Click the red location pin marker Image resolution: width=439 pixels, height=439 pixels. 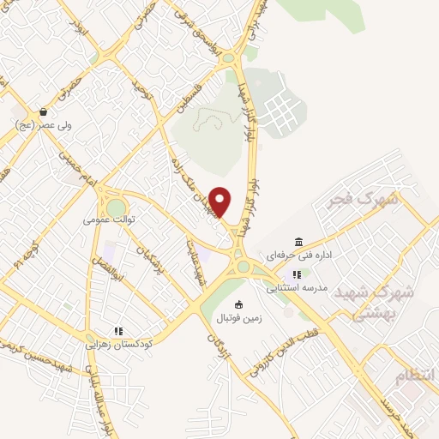tap(221, 201)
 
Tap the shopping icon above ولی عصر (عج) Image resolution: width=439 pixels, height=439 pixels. tap(43, 112)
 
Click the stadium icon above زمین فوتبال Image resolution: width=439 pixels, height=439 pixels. tap(238, 304)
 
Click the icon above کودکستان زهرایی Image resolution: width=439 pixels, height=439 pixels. tap(118, 330)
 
